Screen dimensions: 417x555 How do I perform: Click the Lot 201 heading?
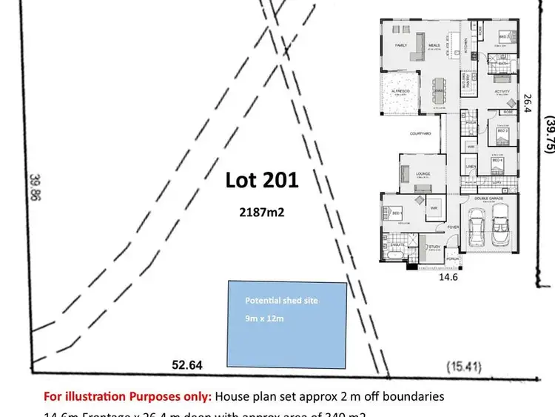click(262, 180)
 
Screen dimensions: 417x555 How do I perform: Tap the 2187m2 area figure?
click(262, 212)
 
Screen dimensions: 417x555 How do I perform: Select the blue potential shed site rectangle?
click(287, 324)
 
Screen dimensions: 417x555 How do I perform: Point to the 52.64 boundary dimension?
click(187, 365)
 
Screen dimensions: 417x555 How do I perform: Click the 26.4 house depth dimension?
click(528, 103)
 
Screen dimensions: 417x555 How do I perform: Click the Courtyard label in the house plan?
click(420, 134)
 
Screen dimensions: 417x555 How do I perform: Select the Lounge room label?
click(423, 174)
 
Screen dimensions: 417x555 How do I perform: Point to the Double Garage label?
click(489, 197)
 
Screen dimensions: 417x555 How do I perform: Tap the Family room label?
click(400, 45)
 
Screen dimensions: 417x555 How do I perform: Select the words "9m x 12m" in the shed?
click(265, 318)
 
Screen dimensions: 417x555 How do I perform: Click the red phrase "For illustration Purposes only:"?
click(127, 396)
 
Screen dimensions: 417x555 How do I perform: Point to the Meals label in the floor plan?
click(434, 45)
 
